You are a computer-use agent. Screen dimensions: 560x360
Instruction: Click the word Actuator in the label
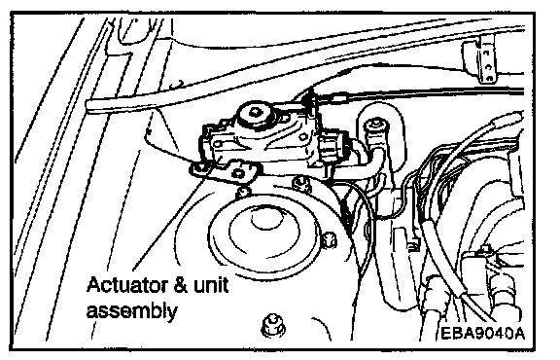pyautogui.click(x=126, y=285)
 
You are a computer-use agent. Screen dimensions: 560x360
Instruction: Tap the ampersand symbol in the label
pyautogui.click(x=180, y=285)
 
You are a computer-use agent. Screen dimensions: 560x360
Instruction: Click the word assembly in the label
pyautogui.click(x=132, y=310)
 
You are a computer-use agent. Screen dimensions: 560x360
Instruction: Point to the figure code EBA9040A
pyautogui.click(x=483, y=334)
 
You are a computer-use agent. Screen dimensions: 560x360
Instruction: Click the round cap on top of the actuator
pyautogui.click(x=255, y=115)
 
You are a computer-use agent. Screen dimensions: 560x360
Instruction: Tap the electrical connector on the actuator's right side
pyautogui.click(x=333, y=148)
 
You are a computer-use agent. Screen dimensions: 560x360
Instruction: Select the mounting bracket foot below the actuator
pyautogui.click(x=225, y=171)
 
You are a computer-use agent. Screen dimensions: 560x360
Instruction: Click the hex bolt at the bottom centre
pyautogui.click(x=273, y=325)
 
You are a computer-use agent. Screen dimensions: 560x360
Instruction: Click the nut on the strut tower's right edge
pyautogui.click(x=329, y=240)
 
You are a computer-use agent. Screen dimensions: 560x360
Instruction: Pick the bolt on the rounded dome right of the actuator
pyautogui.click(x=375, y=126)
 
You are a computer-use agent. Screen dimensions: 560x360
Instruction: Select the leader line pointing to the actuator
pyautogui.click(x=168, y=224)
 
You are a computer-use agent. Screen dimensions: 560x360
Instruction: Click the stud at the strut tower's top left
pyautogui.click(x=243, y=192)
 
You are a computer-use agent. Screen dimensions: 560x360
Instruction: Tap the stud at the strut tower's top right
pyautogui.click(x=300, y=183)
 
